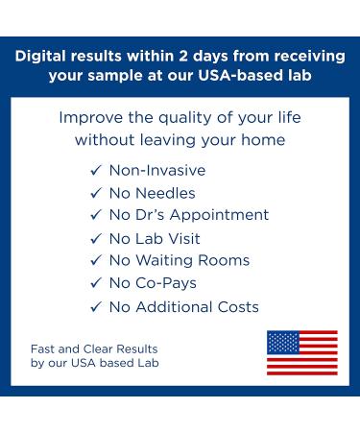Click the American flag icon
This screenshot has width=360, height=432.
point(301,352)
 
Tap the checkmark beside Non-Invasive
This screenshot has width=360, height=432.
point(95,171)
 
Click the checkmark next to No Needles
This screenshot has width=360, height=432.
point(95,193)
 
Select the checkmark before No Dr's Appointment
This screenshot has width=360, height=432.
point(95,215)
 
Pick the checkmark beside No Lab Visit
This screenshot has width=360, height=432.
point(95,238)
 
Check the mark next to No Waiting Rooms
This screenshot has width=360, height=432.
point(95,261)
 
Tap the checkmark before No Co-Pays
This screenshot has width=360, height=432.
point(95,284)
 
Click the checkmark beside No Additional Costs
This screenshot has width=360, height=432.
point(95,307)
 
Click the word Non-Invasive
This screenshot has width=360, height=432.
point(156,171)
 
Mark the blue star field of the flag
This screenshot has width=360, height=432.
point(282,343)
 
